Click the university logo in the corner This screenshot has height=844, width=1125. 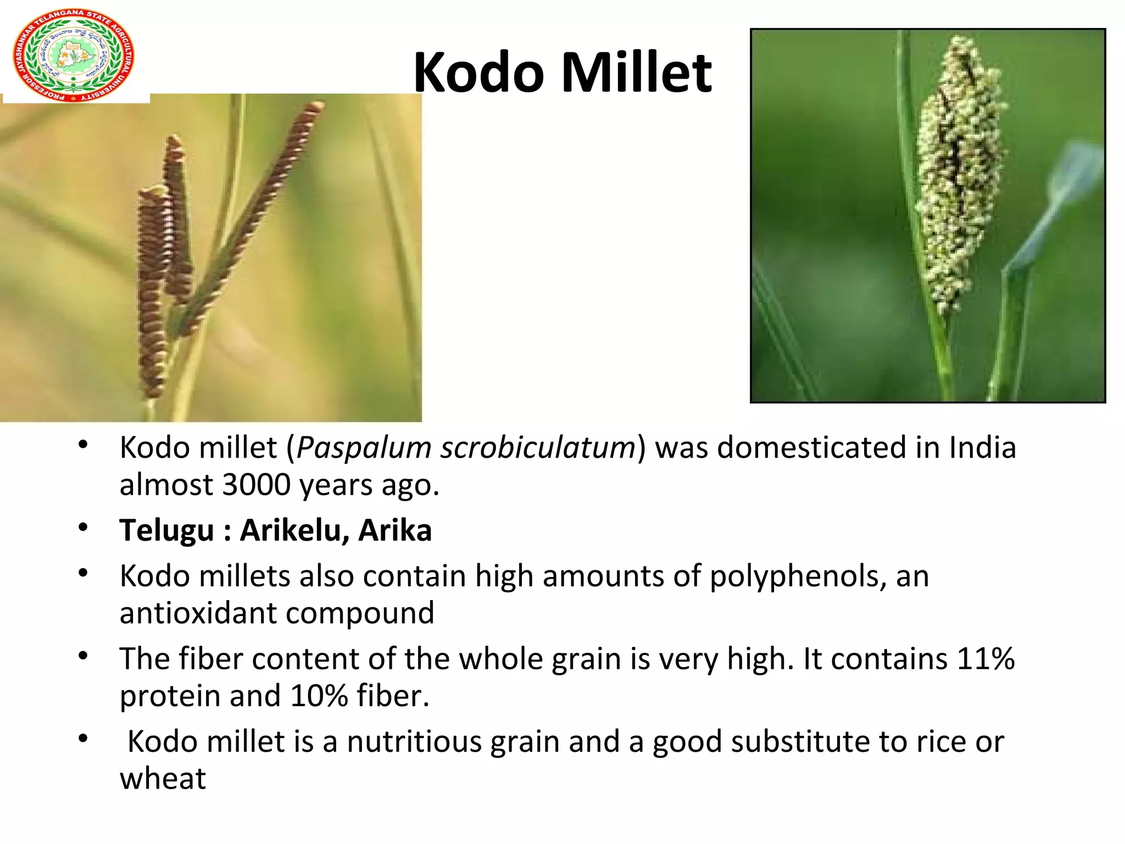click(73, 55)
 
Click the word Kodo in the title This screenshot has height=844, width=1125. click(478, 72)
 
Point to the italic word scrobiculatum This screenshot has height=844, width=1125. click(538, 447)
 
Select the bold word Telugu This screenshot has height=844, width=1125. click(166, 531)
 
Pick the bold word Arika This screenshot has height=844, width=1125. click(395, 531)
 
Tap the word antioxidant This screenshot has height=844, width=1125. click(197, 613)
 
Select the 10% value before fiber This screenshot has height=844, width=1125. click(319, 696)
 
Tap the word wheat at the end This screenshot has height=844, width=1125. click(163, 779)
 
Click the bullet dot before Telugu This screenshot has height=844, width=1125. click(83, 528)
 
